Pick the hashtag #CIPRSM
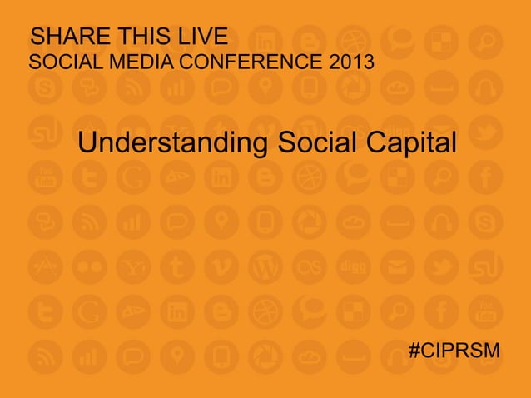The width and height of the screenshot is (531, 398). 454,350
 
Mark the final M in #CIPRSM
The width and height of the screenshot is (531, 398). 492,350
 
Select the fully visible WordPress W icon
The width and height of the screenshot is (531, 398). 263,266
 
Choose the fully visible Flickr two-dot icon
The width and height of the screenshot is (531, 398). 87,266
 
